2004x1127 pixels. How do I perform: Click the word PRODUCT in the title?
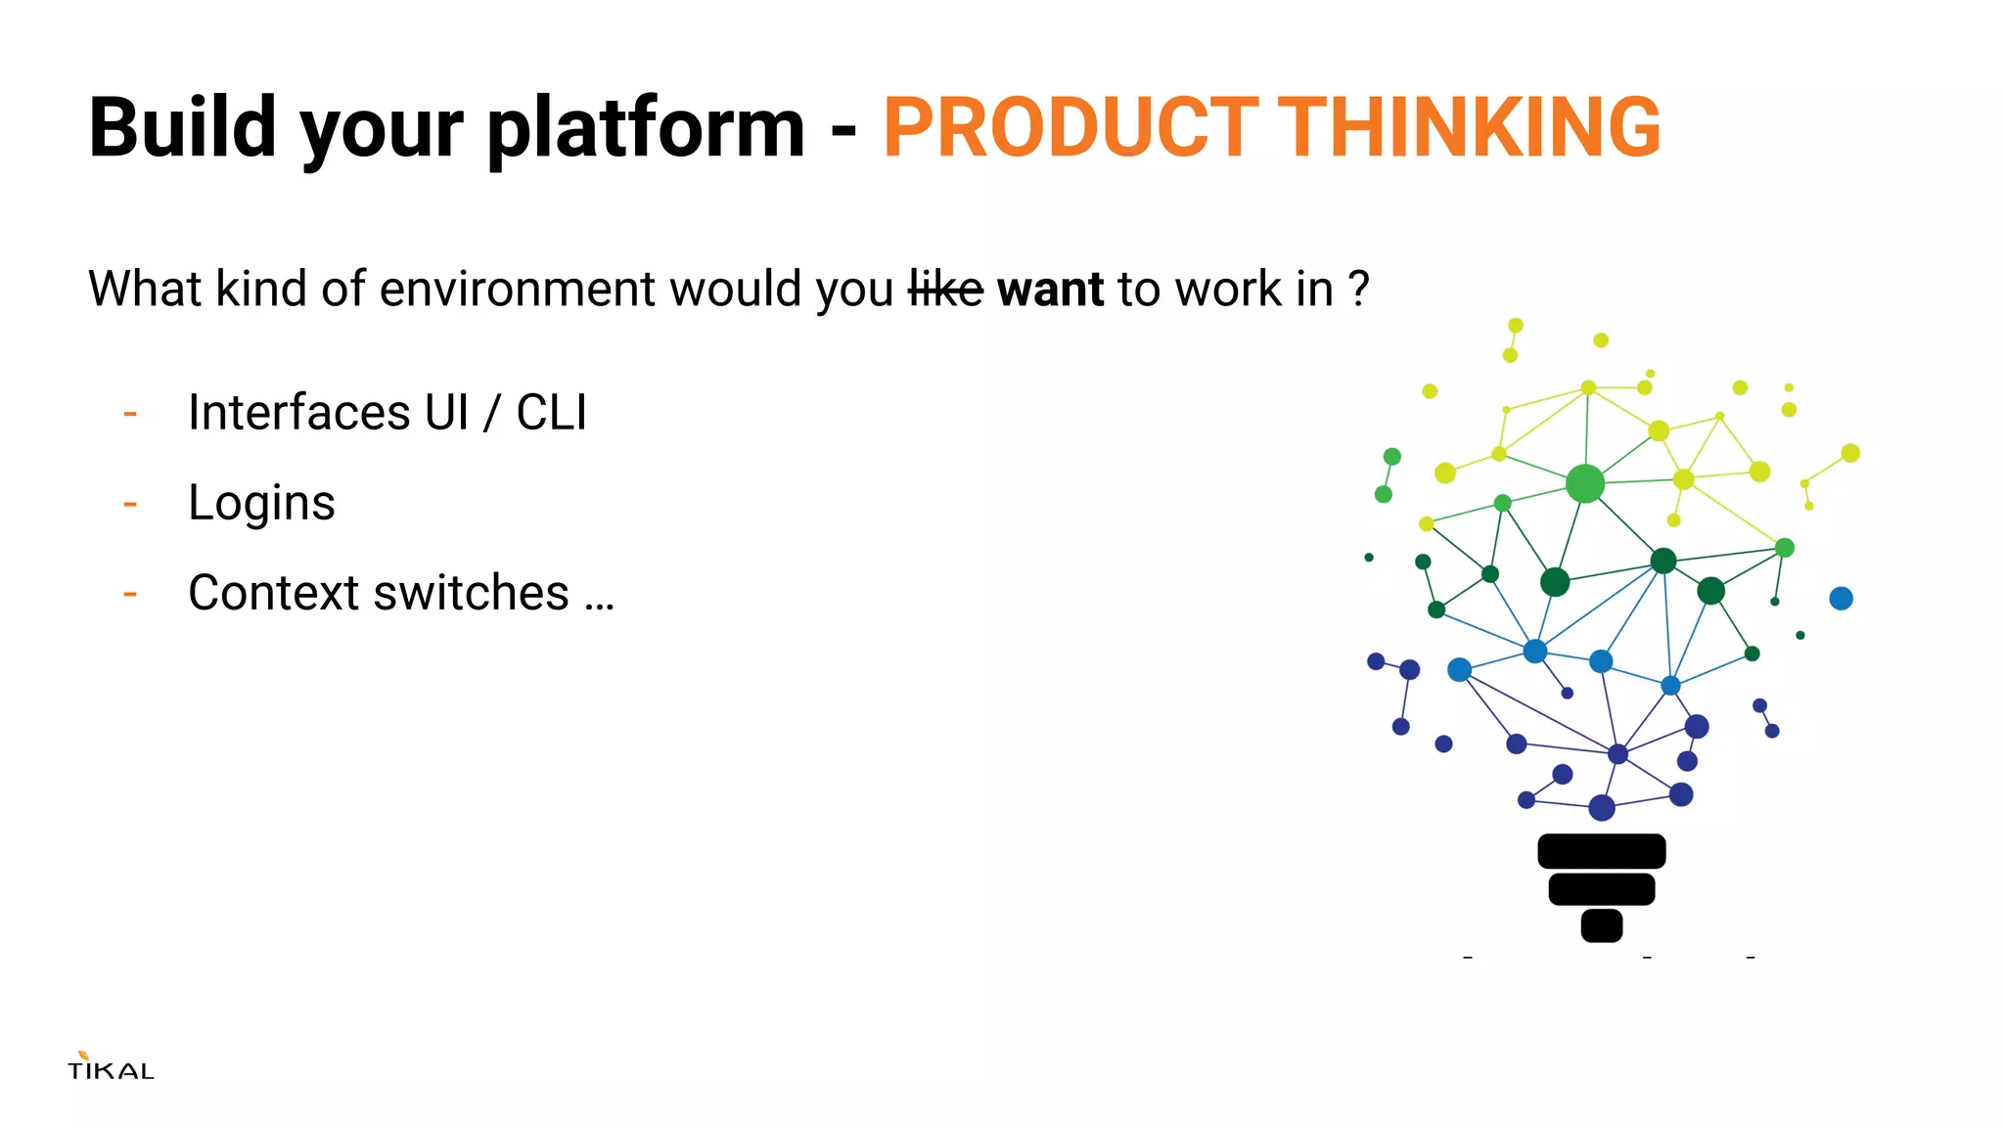point(1070,128)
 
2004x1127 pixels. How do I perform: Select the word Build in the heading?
point(183,128)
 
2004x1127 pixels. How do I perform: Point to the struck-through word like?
point(945,290)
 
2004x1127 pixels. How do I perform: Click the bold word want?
point(1050,291)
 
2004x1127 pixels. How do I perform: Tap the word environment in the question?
point(517,290)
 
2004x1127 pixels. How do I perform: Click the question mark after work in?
point(1358,290)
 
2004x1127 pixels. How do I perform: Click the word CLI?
point(551,412)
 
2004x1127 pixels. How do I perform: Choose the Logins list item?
point(261,503)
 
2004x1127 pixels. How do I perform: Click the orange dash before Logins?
point(130,505)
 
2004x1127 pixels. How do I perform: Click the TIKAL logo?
point(111,1067)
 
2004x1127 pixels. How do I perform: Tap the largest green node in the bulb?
point(1585,483)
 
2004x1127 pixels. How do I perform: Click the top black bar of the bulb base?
point(1601,851)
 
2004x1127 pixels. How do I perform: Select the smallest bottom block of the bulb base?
point(1601,925)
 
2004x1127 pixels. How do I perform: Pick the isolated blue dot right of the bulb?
point(1841,599)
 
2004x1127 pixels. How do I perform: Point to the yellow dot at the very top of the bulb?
point(1515,326)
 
